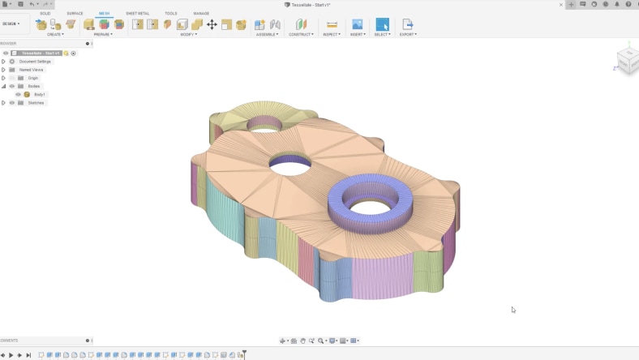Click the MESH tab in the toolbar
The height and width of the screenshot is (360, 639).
tap(104, 13)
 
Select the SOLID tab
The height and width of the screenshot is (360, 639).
tap(45, 13)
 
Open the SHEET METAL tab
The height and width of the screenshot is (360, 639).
tap(137, 13)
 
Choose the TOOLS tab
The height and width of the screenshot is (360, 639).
tap(170, 13)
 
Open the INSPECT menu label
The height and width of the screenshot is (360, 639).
tap(331, 34)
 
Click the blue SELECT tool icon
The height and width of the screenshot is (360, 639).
tap(382, 24)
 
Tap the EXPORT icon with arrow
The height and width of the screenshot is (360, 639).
tap(407, 24)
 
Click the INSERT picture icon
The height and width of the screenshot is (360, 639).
tap(357, 24)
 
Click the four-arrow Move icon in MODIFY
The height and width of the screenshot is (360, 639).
tap(212, 24)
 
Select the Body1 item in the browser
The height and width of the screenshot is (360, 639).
tap(39, 94)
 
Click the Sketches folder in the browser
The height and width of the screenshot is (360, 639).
tap(36, 103)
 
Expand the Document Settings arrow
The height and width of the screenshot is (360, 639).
tap(3, 62)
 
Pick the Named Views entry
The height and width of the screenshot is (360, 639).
tap(32, 70)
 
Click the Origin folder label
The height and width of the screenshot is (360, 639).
tap(32, 78)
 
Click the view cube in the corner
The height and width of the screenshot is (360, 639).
tap(626, 58)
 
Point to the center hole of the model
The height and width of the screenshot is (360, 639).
tap(289, 165)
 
